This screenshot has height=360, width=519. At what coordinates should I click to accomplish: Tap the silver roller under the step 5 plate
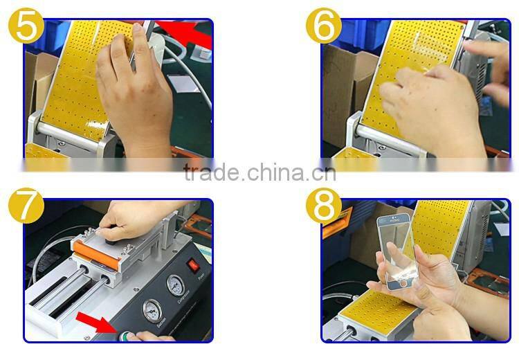(76, 128)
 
